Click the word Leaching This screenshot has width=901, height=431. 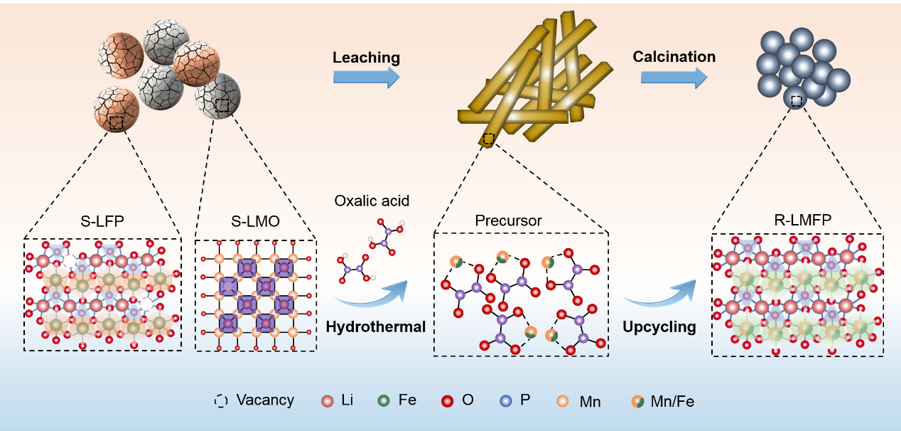point(366,58)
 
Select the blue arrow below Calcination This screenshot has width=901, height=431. point(674,76)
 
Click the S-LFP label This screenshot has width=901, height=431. point(104,221)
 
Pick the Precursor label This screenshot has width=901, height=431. point(508,220)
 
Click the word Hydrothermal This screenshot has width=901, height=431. point(375,326)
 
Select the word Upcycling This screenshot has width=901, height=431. point(659,326)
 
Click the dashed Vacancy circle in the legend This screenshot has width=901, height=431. point(222,400)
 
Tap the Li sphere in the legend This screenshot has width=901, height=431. point(328,401)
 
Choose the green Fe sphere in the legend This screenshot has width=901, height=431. point(384,401)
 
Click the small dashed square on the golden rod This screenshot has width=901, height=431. point(488,138)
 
